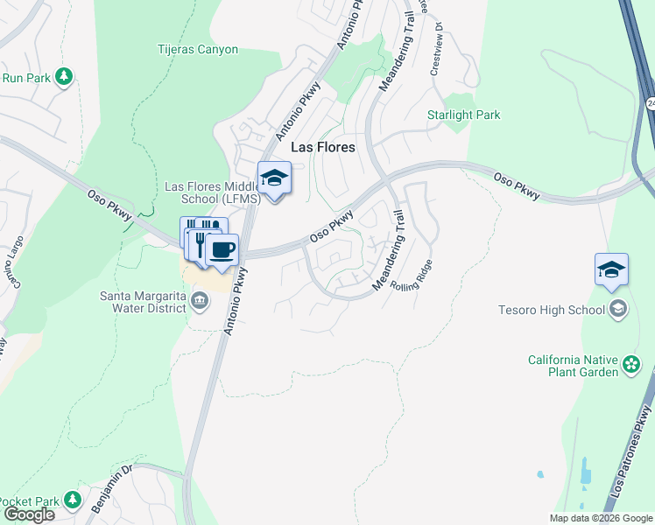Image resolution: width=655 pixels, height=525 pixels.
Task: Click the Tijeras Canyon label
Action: tap(197, 49)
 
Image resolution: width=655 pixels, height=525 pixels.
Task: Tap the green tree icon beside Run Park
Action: tap(64, 77)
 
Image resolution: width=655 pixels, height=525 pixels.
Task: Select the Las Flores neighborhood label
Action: tap(324, 147)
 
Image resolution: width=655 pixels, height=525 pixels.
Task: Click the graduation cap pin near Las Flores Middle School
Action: tap(274, 178)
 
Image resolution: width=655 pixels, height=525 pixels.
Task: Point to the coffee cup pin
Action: tap(222, 250)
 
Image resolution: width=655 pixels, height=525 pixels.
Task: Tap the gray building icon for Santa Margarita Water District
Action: tap(201, 302)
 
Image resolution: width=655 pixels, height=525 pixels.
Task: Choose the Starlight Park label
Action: tap(463, 115)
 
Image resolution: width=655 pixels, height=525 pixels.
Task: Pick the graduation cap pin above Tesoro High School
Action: tap(611, 270)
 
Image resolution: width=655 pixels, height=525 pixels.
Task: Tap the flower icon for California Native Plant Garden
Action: tap(630, 365)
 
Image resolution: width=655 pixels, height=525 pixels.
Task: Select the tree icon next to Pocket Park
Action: tap(74, 501)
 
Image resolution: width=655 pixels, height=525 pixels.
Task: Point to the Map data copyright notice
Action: tap(602, 518)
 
